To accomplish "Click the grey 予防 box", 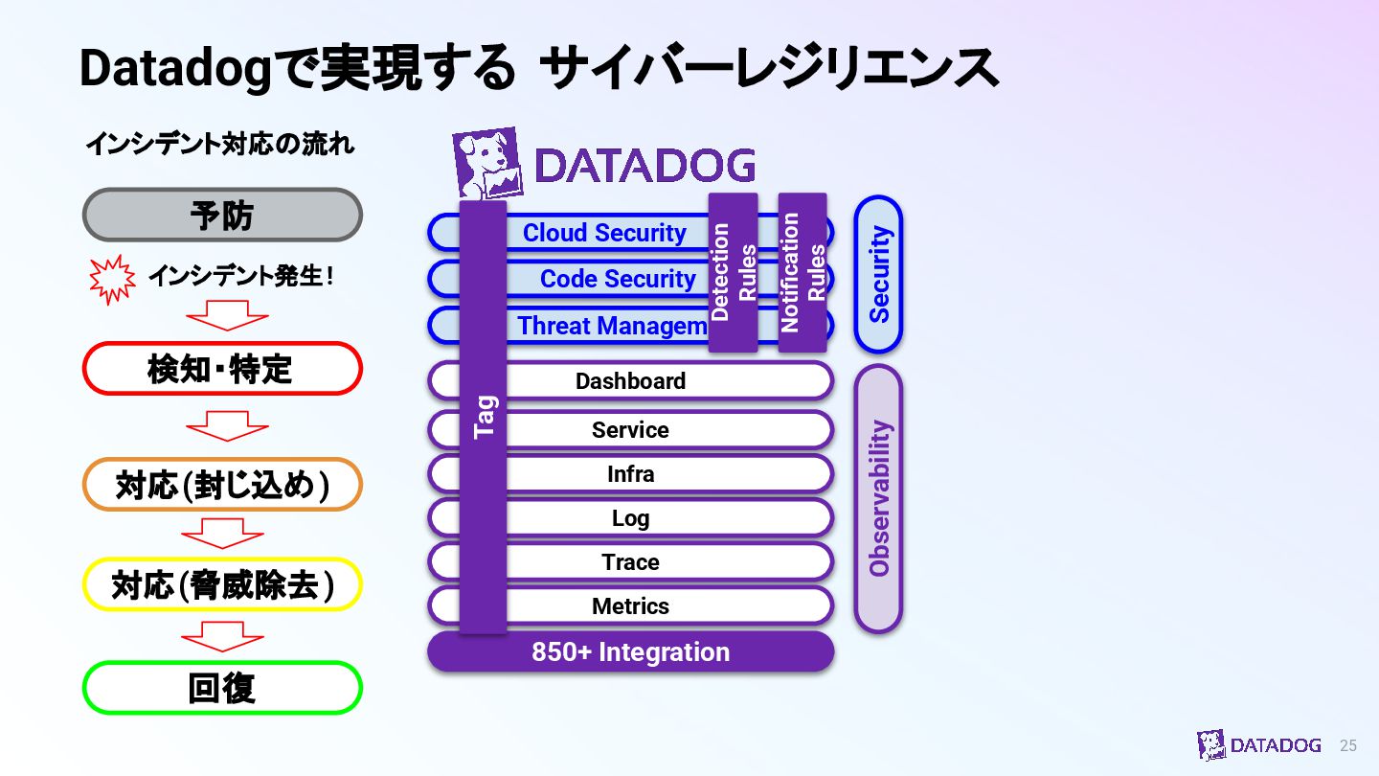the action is (x=222, y=215).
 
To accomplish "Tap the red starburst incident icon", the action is (x=112, y=278).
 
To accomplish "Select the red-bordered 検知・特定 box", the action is (x=222, y=369).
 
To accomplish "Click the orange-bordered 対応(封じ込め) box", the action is (x=222, y=485).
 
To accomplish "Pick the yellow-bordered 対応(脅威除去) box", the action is (x=222, y=584).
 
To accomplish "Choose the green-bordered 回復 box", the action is (x=222, y=688).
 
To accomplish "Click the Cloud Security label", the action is (x=604, y=233).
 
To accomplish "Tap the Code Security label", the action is (x=618, y=279).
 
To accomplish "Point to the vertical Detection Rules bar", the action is (x=734, y=273).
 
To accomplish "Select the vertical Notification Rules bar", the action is (x=803, y=273).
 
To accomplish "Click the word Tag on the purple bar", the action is (x=485, y=417).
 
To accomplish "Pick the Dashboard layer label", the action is (x=630, y=381).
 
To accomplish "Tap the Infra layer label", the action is (x=630, y=474).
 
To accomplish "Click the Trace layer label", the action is (x=630, y=562).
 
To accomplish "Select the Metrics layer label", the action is (x=630, y=606).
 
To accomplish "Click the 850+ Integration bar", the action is (x=630, y=652).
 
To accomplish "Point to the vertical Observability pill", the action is (x=878, y=498).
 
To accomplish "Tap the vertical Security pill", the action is (x=878, y=274).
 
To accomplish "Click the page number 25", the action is (x=1348, y=745).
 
